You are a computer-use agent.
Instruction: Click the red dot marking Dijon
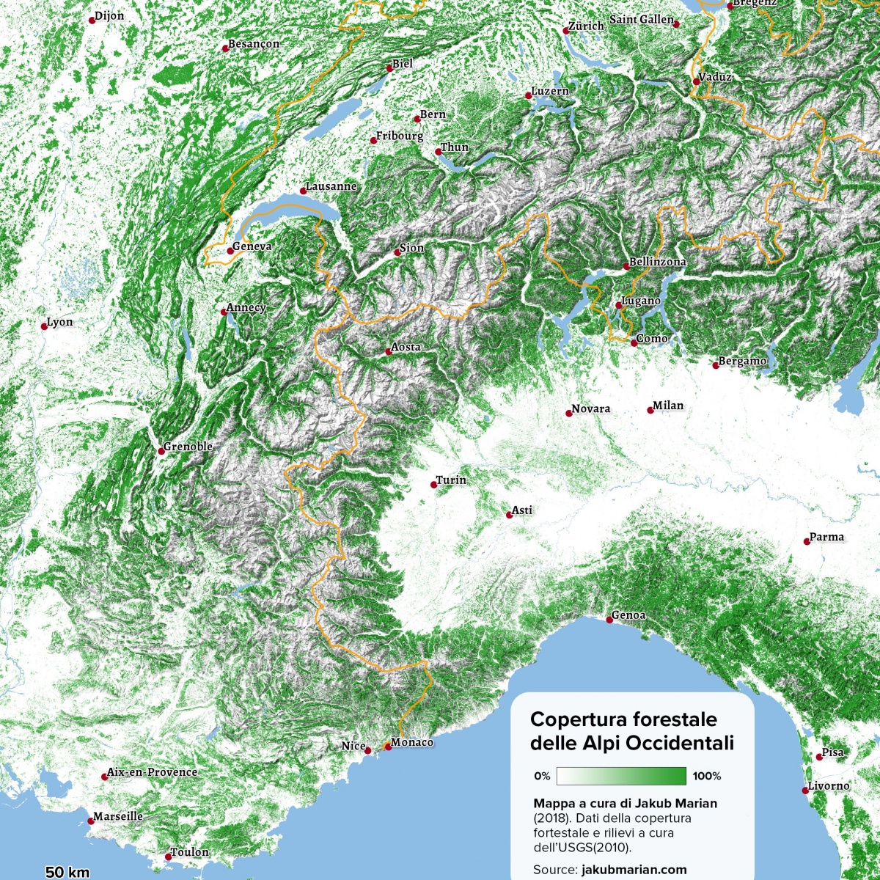pyautogui.click(x=92, y=21)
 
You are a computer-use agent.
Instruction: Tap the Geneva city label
pyautogui.click(x=252, y=246)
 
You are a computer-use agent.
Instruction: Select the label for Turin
pyautogui.click(x=451, y=480)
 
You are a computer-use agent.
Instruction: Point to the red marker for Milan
pyautogui.click(x=650, y=410)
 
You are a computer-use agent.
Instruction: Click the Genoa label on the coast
pyautogui.click(x=629, y=615)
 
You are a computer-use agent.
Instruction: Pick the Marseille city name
pyautogui.click(x=118, y=816)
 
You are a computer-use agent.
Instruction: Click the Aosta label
pyautogui.click(x=406, y=347)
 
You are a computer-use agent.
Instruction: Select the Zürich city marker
pyautogui.click(x=565, y=31)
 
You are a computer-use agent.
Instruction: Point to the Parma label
pyautogui.click(x=827, y=537)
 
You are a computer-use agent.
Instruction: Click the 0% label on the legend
pyautogui.click(x=542, y=776)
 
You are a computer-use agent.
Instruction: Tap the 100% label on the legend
pyautogui.click(x=707, y=776)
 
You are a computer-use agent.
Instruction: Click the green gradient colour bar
pyautogui.click(x=621, y=776)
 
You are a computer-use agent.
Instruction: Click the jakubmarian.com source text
pyautogui.click(x=634, y=870)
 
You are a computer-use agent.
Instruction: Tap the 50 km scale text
pyautogui.click(x=67, y=872)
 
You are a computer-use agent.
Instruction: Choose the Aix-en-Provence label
pyautogui.click(x=153, y=772)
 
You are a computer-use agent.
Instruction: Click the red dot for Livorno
pyautogui.click(x=805, y=791)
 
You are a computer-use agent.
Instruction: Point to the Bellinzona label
pyautogui.click(x=658, y=262)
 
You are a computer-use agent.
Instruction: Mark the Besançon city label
pyautogui.click(x=254, y=44)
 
